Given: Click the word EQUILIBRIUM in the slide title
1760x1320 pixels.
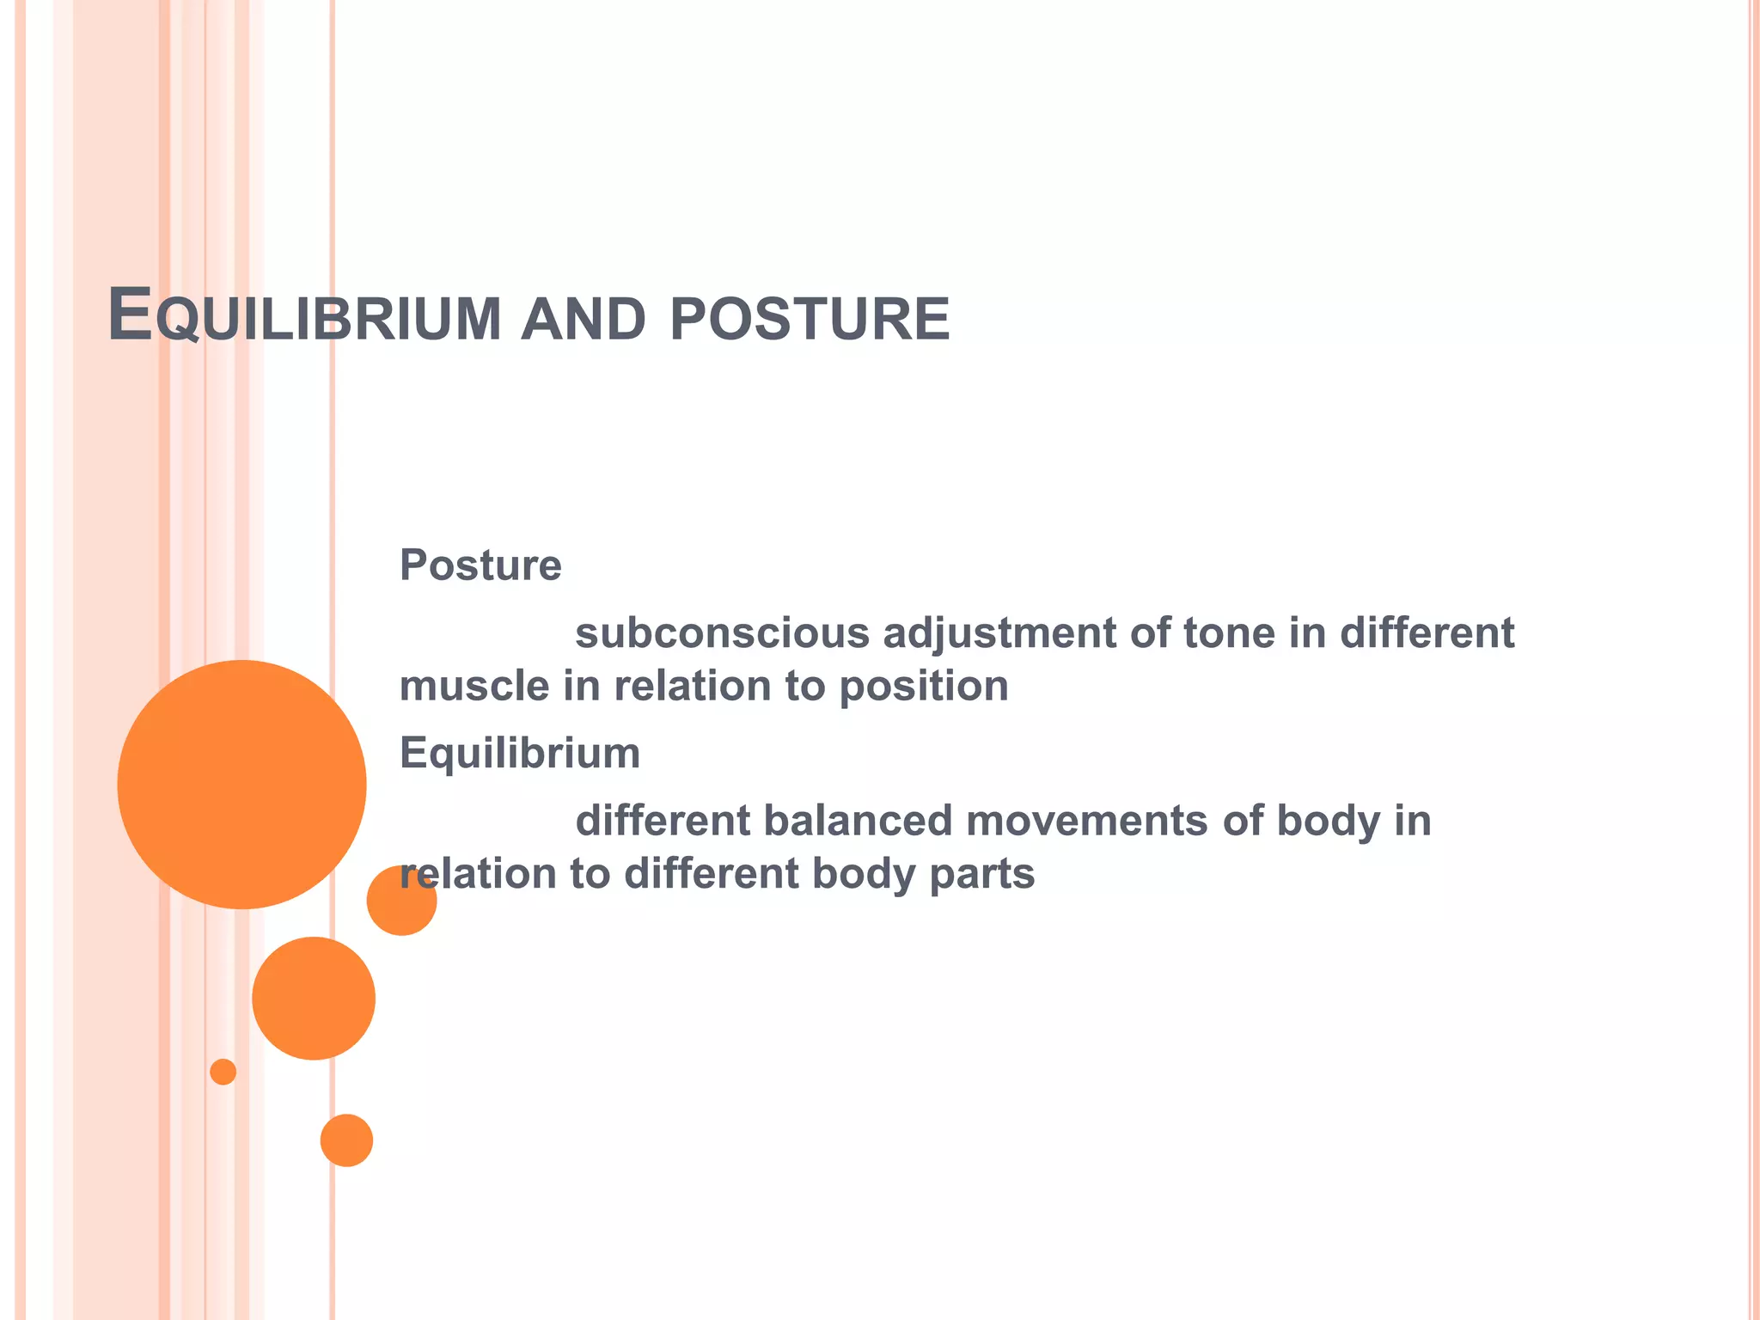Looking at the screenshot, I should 305,317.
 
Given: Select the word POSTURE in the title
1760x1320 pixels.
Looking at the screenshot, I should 810,319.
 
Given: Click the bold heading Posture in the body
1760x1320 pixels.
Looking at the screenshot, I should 480,565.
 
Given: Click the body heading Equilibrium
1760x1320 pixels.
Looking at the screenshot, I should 520,753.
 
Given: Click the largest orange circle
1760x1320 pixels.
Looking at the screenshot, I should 241,784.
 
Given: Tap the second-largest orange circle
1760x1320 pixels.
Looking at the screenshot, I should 314,998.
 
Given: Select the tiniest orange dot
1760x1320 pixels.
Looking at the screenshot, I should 223,1072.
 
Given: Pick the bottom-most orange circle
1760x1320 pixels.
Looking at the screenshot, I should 346,1140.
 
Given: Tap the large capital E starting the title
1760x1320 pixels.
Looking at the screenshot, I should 130,315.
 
